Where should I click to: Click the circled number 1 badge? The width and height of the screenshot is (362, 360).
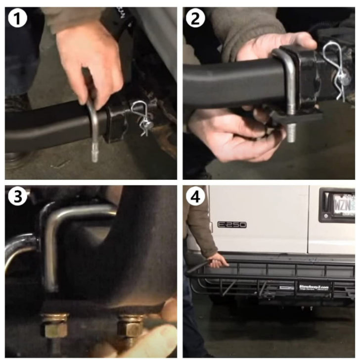[17, 18]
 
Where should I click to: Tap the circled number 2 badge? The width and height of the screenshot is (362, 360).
[195, 18]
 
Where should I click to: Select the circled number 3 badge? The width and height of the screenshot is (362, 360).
[17, 197]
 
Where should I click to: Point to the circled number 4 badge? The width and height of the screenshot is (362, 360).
[195, 197]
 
